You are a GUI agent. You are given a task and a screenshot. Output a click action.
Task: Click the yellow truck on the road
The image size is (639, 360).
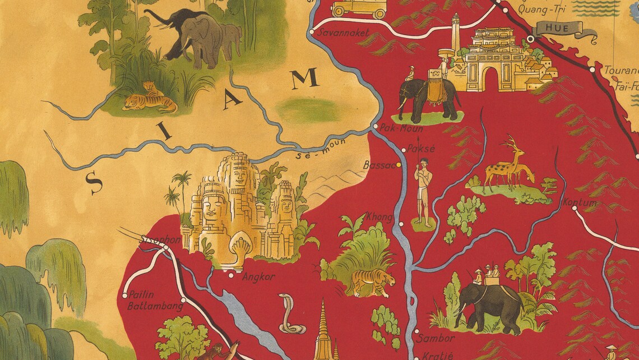click(358, 8)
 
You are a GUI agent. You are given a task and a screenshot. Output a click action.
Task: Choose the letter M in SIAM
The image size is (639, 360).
click(305, 80)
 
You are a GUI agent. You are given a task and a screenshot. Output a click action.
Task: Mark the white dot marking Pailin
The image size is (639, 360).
click(124, 295)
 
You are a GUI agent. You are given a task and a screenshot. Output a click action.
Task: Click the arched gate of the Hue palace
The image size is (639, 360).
click(492, 78)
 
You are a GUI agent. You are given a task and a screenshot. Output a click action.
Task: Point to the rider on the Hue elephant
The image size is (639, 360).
click(411, 73)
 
